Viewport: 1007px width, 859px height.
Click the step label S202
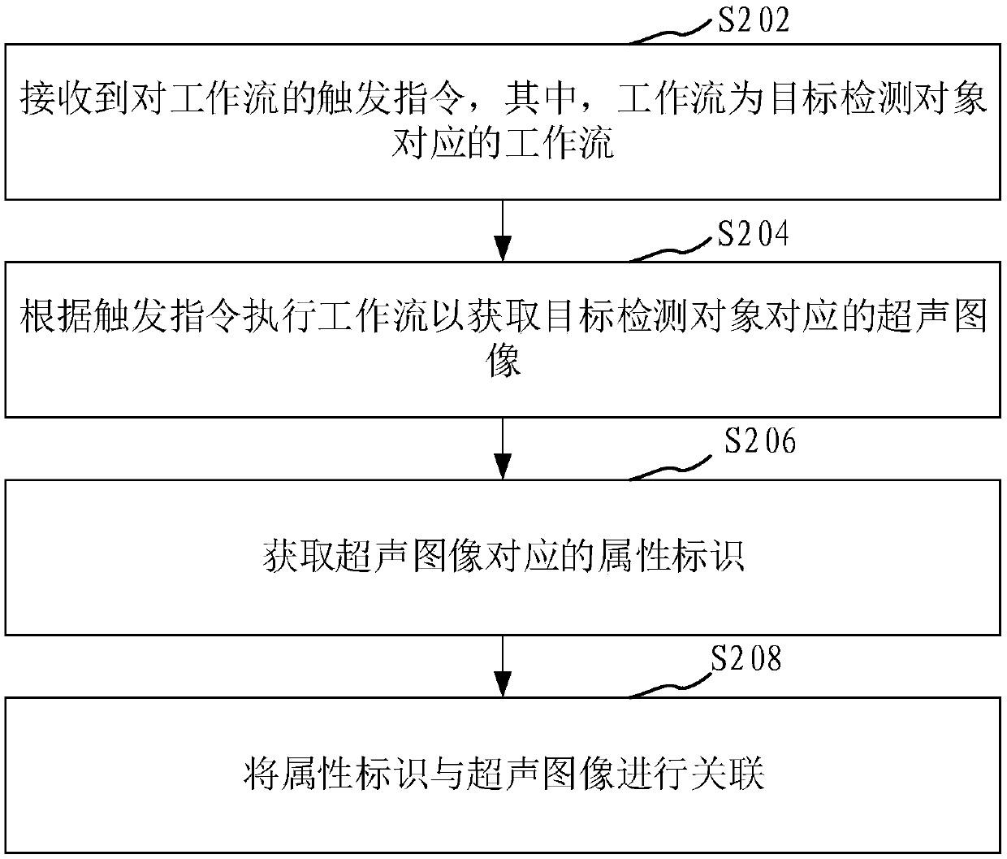click(753, 20)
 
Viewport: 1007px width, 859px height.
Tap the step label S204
click(753, 234)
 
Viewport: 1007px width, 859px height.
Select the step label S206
click(760, 442)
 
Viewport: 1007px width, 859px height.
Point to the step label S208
click(746, 660)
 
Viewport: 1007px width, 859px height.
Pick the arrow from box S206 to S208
click(503, 666)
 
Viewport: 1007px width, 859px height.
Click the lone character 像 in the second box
click(503, 361)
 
